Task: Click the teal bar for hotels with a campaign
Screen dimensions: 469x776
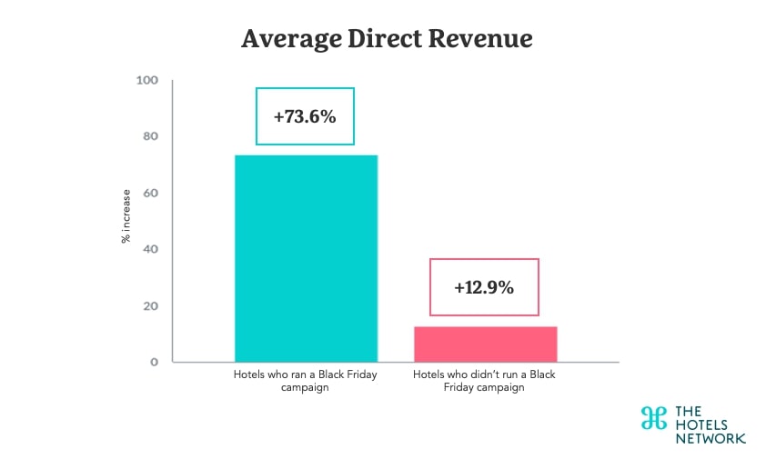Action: pos(306,259)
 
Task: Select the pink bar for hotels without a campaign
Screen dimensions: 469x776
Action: pos(485,344)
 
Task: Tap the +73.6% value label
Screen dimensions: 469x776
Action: pos(304,116)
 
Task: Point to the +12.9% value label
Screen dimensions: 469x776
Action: pos(483,287)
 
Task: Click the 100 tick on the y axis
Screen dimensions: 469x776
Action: pos(146,81)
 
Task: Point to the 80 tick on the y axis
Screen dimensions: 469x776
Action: pos(149,137)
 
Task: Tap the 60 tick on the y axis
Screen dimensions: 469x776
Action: pos(149,194)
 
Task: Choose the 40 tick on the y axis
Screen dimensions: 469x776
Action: pos(149,249)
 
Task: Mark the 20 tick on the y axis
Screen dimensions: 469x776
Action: pos(149,306)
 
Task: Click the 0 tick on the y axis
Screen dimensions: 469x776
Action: pos(154,362)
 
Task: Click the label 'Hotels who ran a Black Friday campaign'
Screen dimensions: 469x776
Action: pos(306,380)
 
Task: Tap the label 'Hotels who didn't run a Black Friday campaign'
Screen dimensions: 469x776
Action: pos(485,380)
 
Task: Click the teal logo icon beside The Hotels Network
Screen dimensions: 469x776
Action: pos(652,417)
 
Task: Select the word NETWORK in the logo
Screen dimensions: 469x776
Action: pos(710,438)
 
